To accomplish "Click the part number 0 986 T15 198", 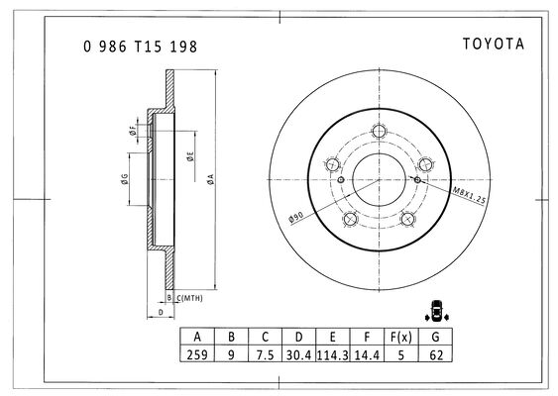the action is tap(140, 47).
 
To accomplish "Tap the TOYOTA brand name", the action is tap(494, 45).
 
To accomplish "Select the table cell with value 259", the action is tap(197, 354).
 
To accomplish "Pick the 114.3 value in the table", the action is tap(332, 355).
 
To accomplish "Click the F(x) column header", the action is tap(401, 337).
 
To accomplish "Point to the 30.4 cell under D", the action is tap(298, 355).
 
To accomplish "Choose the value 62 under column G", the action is tap(435, 355).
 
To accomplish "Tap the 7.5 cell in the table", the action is tap(265, 355).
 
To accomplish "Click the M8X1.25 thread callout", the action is tap(469, 195).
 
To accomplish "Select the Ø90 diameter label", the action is tap(296, 217).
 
